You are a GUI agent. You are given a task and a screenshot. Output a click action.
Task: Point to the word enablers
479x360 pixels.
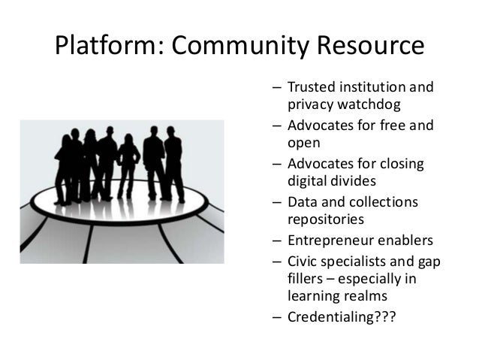pyautogui.click(x=405, y=241)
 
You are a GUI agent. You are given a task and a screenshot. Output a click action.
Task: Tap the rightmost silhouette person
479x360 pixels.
pyautogui.click(x=173, y=165)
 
